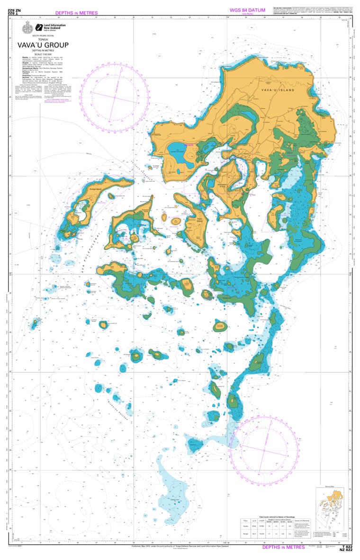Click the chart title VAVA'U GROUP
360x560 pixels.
point(43,45)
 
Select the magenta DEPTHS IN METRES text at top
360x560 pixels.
point(76,13)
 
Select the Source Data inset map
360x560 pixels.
point(330,505)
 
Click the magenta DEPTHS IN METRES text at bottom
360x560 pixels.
point(284,547)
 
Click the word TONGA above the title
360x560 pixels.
point(43,40)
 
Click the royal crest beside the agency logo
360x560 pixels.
point(27,28)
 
